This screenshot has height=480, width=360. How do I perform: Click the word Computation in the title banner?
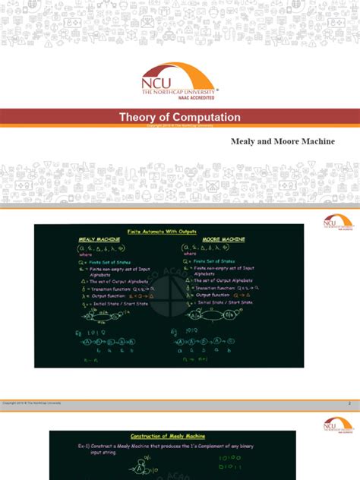(207, 118)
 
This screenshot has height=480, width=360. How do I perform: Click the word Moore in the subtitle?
(286, 142)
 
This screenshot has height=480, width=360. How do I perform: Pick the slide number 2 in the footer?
(349, 403)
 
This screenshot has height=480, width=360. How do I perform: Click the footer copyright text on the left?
(32, 403)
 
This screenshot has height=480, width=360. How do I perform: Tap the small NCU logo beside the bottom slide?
(338, 425)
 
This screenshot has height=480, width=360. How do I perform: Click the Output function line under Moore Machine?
(226, 295)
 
